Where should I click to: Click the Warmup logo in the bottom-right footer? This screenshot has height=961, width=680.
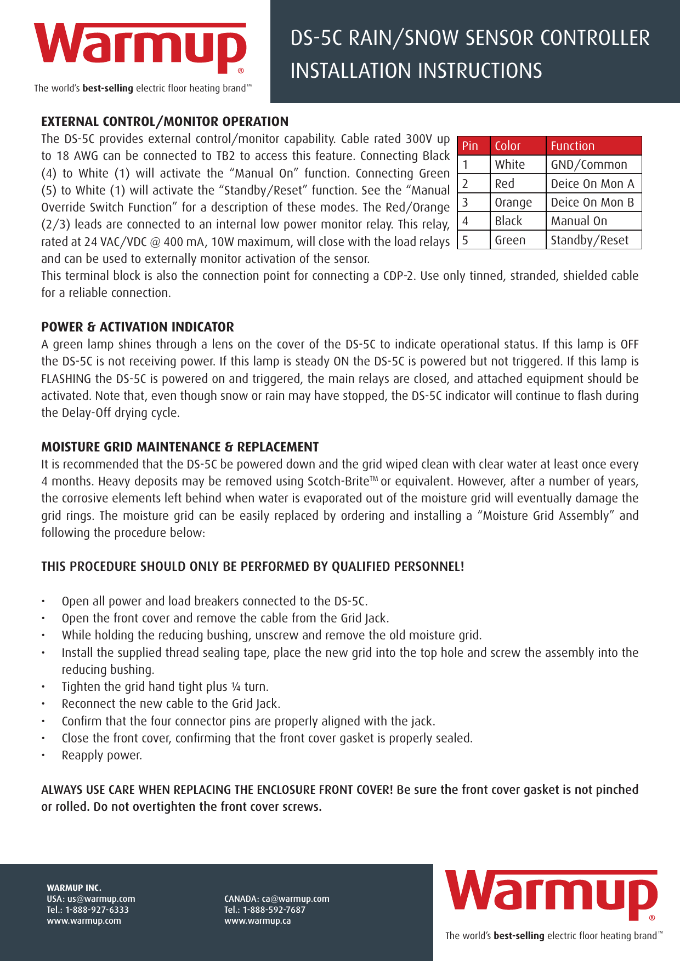(551, 895)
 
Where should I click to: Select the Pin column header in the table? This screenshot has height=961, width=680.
(471, 146)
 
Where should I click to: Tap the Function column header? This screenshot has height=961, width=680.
(573, 146)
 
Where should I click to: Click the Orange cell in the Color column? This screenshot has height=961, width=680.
(513, 203)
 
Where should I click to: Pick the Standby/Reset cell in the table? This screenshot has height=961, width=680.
(590, 240)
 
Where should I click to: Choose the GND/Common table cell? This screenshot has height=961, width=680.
(589, 165)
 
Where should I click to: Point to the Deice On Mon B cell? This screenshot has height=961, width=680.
(592, 203)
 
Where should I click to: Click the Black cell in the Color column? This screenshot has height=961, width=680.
(509, 221)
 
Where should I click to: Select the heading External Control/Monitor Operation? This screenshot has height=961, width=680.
(165, 122)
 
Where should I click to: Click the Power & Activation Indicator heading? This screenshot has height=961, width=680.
(137, 327)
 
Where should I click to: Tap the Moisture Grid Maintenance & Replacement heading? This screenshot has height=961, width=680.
(180, 447)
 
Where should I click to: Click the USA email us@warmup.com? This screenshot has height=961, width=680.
(101, 899)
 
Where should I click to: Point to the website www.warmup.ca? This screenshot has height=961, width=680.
(257, 921)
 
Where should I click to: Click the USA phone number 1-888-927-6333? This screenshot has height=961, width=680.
(97, 910)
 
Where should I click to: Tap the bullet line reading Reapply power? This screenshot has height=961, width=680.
(101, 756)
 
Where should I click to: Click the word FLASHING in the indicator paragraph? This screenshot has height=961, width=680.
(66, 379)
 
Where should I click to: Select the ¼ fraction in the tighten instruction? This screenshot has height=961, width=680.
(236, 687)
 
